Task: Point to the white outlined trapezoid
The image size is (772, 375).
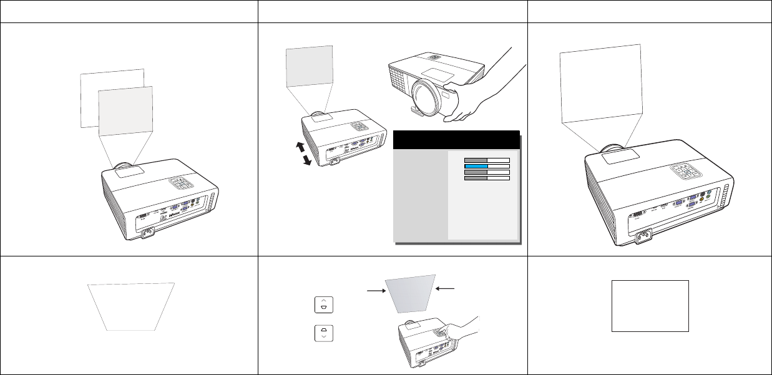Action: (131, 306)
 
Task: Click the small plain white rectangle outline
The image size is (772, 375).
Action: (650, 305)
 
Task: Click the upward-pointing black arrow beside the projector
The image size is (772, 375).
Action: (300, 148)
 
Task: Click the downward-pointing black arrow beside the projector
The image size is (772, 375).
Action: (307, 161)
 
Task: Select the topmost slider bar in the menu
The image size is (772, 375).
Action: (487, 160)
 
